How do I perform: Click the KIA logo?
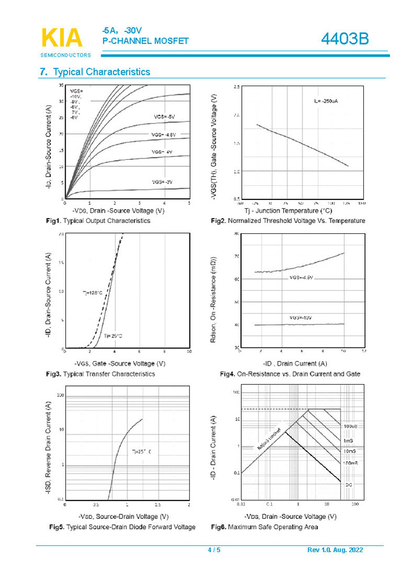click(x=62, y=38)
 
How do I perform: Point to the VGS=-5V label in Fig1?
click(x=164, y=117)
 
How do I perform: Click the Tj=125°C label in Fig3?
click(x=93, y=293)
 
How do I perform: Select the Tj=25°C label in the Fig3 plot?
click(x=113, y=335)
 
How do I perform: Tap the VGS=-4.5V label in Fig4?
click(x=302, y=278)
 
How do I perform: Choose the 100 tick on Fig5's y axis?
click(x=60, y=396)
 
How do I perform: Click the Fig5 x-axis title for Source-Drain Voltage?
click(x=123, y=516)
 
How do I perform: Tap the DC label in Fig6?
click(x=348, y=485)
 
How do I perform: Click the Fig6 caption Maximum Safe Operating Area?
click(x=264, y=527)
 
